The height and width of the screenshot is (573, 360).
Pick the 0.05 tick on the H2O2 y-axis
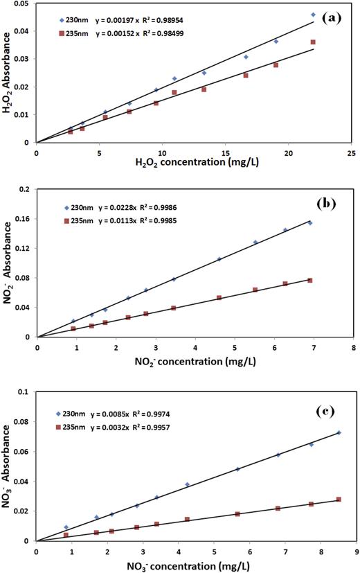[x=21, y=4]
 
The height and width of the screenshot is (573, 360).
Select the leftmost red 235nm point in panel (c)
[x=66, y=535]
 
